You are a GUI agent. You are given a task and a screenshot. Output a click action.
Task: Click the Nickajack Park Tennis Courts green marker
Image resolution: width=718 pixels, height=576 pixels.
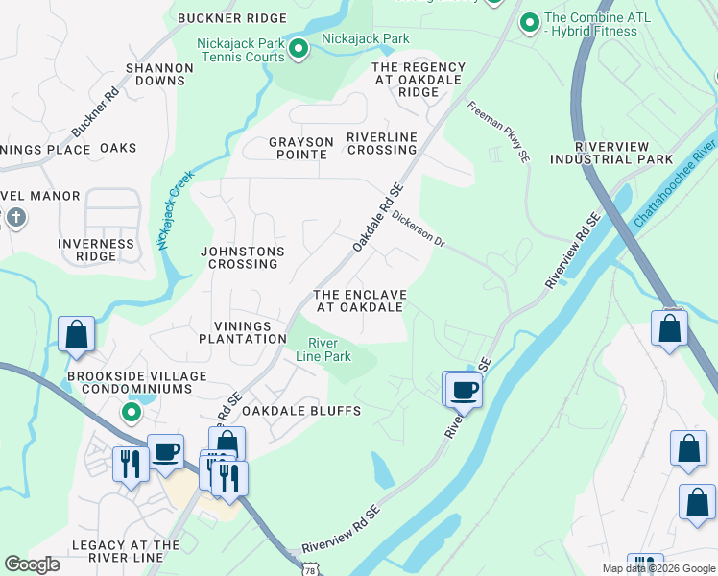[x=299, y=48]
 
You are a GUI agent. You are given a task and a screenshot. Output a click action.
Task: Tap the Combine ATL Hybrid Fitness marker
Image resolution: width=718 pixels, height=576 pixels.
[x=528, y=22]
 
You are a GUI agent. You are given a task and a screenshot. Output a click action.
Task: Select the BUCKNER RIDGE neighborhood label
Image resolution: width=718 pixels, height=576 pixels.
[x=232, y=18]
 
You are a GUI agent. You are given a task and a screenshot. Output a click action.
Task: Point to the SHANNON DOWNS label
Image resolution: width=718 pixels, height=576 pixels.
[x=156, y=75]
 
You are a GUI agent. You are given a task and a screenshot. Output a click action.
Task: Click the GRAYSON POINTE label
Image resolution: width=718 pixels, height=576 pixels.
[x=300, y=149]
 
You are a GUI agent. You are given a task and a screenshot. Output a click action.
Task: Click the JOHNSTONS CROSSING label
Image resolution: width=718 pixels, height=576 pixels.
[x=243, y=258]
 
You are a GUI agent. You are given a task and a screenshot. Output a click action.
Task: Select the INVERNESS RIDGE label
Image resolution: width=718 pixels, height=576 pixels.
[x=96, y=251]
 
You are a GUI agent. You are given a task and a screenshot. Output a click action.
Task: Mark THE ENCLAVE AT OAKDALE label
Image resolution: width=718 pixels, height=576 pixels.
[x=359, y=300]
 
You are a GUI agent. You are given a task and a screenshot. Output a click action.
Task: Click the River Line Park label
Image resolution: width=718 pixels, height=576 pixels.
[x=329, y=349]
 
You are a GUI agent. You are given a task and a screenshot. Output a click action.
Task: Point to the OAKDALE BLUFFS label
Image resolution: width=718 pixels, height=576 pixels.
[x=300, y=411]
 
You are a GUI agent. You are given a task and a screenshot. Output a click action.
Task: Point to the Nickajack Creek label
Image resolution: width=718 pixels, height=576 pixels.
[x=176, y=210]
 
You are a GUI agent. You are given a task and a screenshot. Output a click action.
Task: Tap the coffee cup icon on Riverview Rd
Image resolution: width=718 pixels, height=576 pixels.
[x=464, y=390]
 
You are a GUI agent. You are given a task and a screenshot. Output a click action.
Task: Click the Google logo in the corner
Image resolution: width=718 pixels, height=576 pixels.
[x=33, y=564]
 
